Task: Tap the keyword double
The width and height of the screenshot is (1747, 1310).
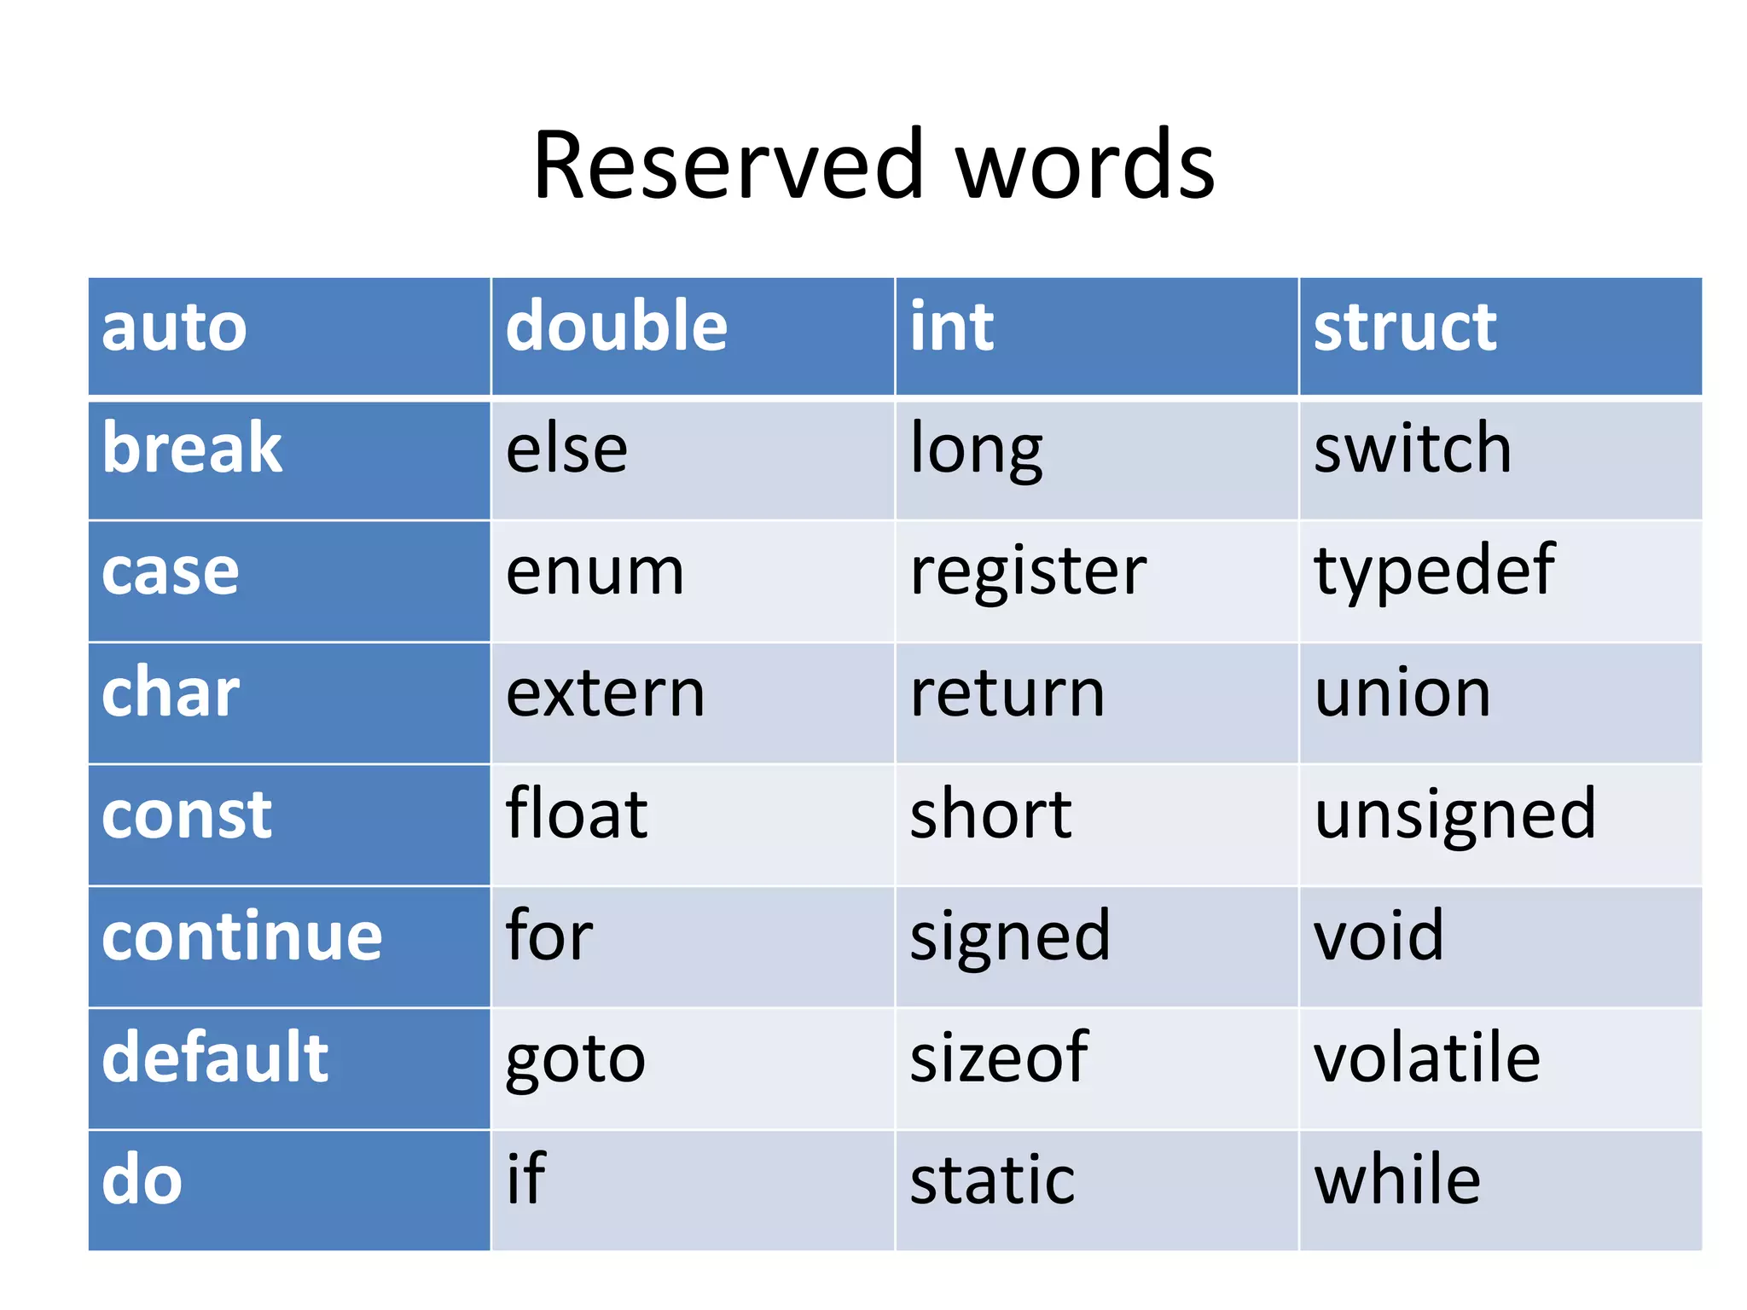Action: pos(616,327)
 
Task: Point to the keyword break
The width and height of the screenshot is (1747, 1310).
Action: pos(192,449)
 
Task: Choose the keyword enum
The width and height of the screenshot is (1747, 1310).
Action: pos(595,571)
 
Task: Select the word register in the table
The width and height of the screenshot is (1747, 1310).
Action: pos(1028,571)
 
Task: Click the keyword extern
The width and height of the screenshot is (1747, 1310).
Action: pos(605,693)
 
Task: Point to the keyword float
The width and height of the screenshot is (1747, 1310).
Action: pos(577,814)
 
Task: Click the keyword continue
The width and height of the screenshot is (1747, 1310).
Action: pos(242,936)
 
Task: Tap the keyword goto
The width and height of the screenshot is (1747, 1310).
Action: pos(576,1058)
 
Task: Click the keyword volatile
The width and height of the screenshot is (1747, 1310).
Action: pos(1427,1058)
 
